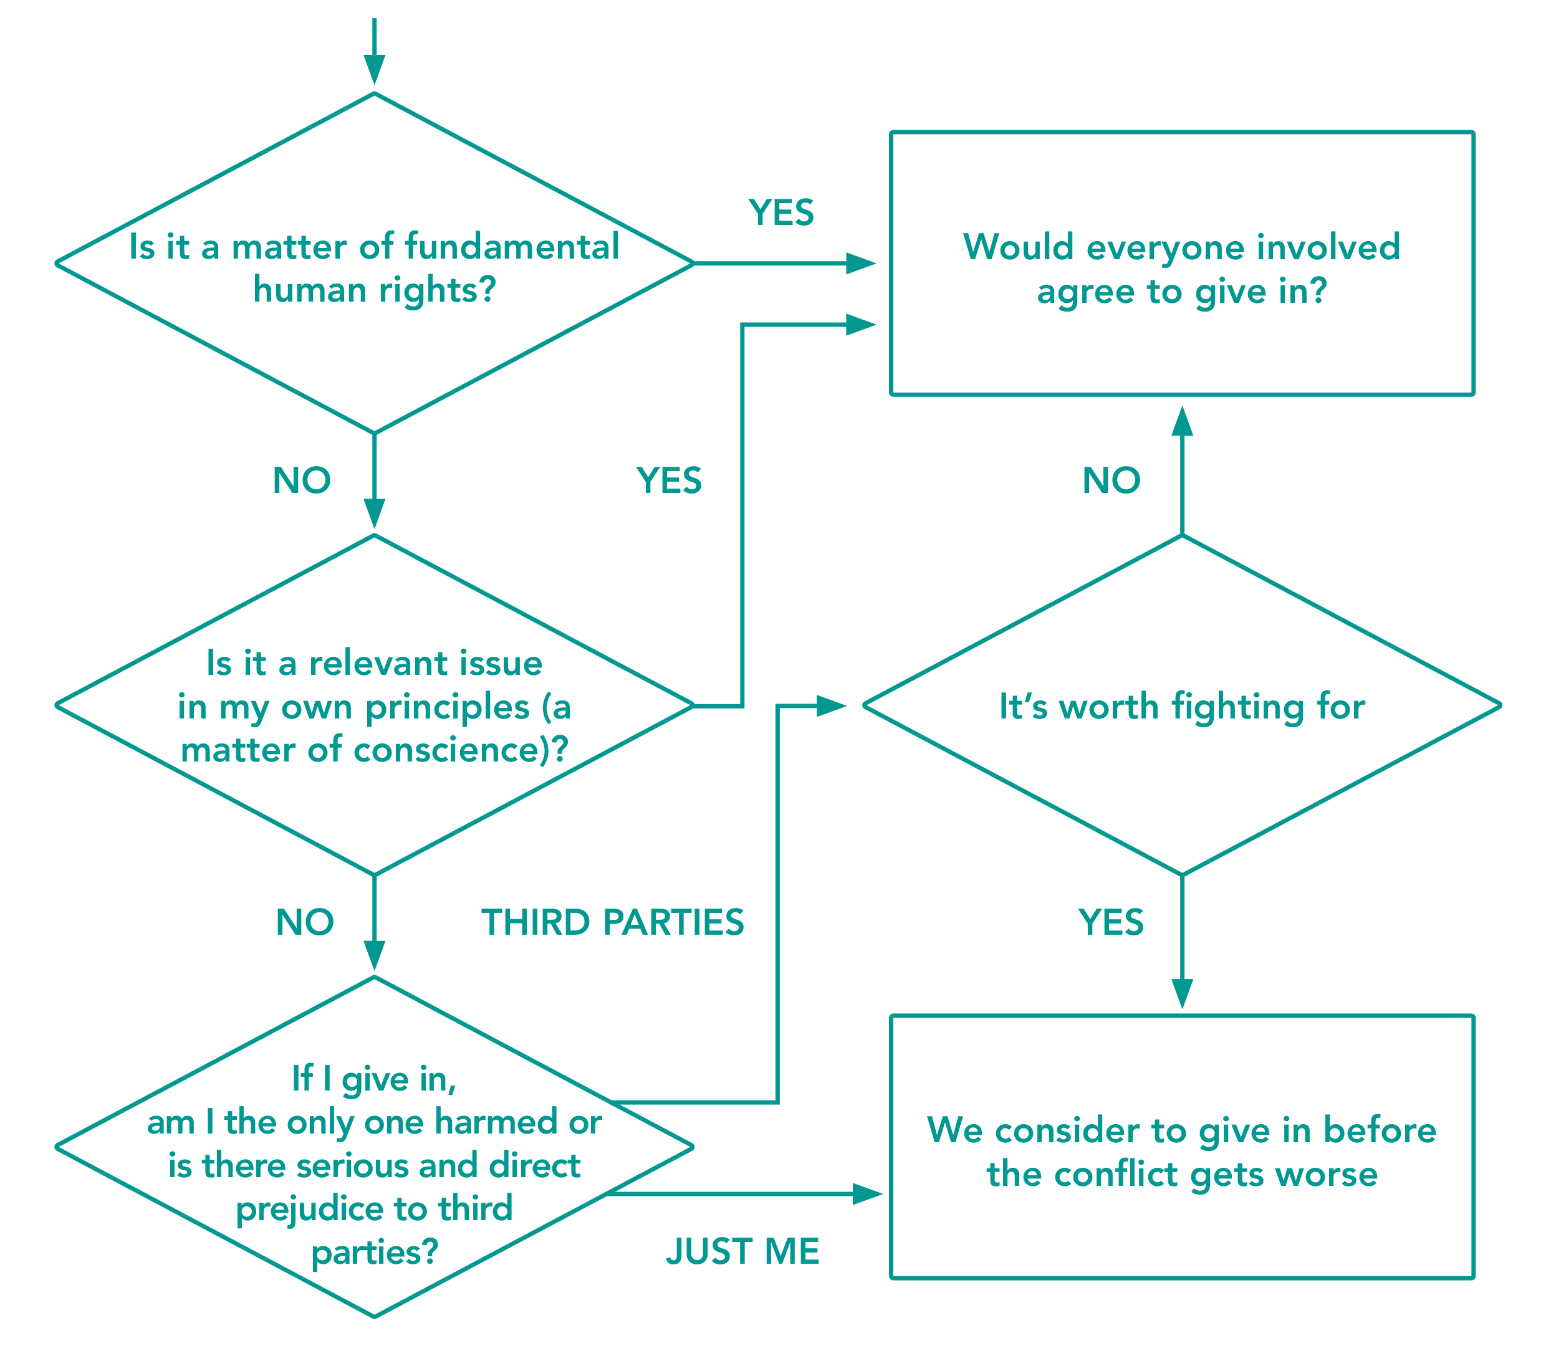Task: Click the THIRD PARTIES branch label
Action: [x=613, y=923]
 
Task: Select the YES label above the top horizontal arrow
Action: [x=781, y=212]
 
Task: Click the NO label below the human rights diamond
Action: [x=302, y=480]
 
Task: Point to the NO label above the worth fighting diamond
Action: [x=1112, y=480]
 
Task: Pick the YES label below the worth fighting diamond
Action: [x=1112, y=922]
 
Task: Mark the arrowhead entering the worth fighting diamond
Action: [x=832, y=707]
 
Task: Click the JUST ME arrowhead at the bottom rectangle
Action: [x=868, y=1194]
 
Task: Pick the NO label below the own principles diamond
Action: [x=305, y=922]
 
